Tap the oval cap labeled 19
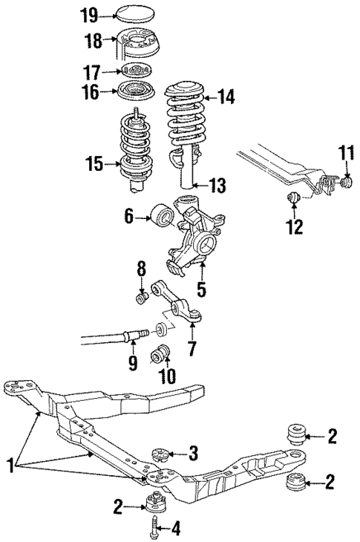click(x=131, y=13)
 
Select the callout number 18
click(x=92, y=41)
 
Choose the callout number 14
click(x=226, y=96)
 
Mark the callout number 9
click(x=132, y=363)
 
